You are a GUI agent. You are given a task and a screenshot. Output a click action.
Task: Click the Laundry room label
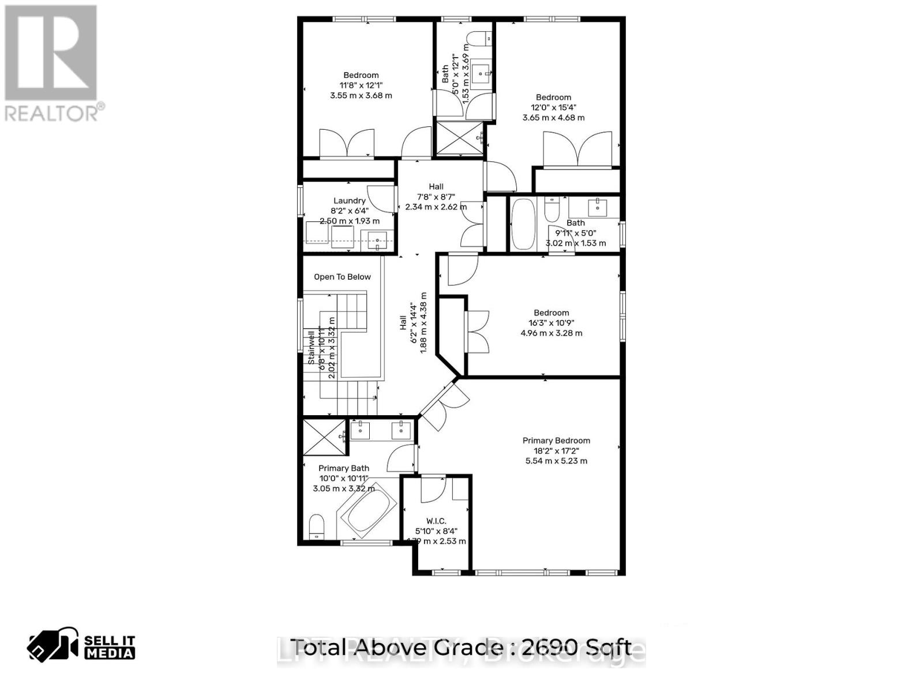pyautogui.click(x=349, y=201)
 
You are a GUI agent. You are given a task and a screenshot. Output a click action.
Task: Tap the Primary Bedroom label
pyautogui.click(x=556, y=441)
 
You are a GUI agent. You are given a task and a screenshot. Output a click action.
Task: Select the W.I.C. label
pyautogui.click(x=436, y=521)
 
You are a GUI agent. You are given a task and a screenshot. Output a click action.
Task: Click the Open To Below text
pyautogui.click(x=342, y=277)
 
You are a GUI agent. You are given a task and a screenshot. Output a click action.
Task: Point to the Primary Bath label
pyautogui.click(x=344, y=468)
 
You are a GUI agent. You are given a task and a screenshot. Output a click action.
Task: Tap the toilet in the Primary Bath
pyautogui.click(x=317, y=526)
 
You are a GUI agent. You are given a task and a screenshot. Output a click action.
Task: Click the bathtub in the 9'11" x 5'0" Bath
pyautogui.click(x=523, y=224)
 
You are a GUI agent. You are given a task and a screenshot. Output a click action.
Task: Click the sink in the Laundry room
pyautogui.click(x=378, y=241)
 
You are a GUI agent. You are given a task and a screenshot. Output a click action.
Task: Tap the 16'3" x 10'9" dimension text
pyautogui.click(x=551, y=323)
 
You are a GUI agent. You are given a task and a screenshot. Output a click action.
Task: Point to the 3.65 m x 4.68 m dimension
pyautogui.click(x=553, y=118)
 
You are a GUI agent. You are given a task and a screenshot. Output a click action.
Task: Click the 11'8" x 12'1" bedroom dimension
pyautogui.click(x=361, y=85)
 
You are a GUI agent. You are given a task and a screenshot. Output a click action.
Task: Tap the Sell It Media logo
pyautogui.click(x=81, y=646)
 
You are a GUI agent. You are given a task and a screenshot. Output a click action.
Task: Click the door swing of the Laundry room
pyautogui.click(x=379, y=198)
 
